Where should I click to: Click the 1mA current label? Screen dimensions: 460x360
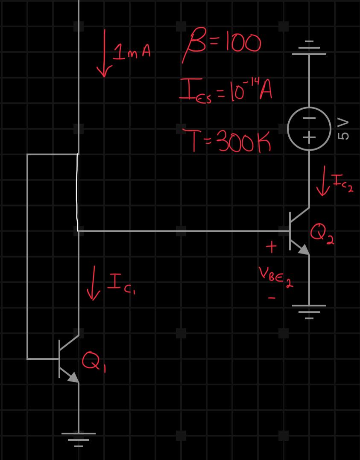(x=132, y=53)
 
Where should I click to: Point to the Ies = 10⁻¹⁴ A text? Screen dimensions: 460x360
(x=226, y=91)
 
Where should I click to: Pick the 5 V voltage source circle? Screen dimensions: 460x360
(x=309, y=128)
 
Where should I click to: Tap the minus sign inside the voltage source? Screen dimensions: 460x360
(x=309, y=118)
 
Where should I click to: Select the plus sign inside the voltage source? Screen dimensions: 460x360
(x=309, y=137)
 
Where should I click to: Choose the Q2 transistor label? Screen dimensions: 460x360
(x=322, y=234)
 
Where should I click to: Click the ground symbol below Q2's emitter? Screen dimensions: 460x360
(x=309, y=311)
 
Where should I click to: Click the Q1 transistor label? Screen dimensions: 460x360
(x=94, y=361)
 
